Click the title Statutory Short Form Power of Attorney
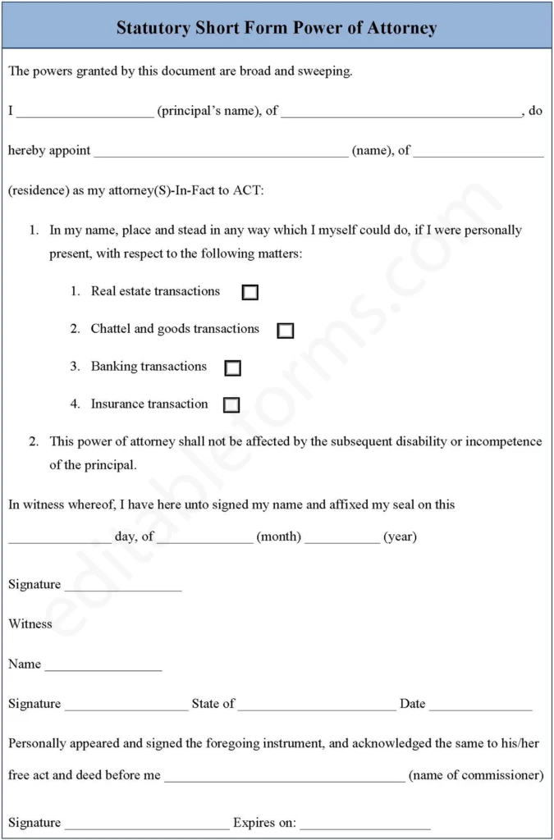pyautogui.click(x=277, y=28)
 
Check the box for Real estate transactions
pyautogui.click(x=250, y=292)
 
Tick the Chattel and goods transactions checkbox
pyautogui.click(x=285, y=331)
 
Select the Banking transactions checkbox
pyautogui.click(x=232, y=367)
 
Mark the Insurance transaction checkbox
pyautogui.click(x=231, y=405)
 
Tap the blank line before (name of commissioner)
pyautogui.click(x=284, y=776)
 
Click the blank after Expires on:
pyautogui.click(x=364, y=824)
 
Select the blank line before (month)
pyautogui.click(x=205, y=538)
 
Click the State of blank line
pyautogui.click(x=317, y=705)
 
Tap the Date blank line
pyautogui.click(x=480, y=705)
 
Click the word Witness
pyautogui.click(x=30, y=624)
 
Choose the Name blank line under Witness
pyautogui.click(x=103, y=665)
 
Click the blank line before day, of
pyautogui.click(x=59, y=538)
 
